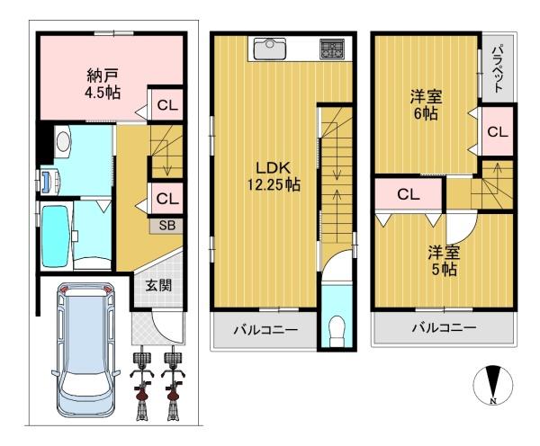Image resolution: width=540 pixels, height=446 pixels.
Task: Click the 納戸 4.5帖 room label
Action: [x=103, y=84]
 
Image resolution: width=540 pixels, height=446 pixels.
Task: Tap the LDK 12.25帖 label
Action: [x=274, y=176]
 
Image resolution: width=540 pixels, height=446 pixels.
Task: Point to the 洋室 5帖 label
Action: [x=444, y=261]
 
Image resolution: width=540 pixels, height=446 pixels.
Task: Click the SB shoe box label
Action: [x=167, y=226]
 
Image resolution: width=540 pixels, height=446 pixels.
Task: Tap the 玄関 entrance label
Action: [x=158, y=285]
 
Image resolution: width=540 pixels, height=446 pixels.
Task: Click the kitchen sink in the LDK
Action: [x=270, y=49]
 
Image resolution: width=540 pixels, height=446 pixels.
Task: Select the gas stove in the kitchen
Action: [x=331, y=49]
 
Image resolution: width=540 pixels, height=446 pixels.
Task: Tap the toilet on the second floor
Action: [x=337, y=332]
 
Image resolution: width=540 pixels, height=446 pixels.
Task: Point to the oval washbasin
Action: [x=63, y=142]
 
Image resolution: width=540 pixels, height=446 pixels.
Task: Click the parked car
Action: [x=86, y=350]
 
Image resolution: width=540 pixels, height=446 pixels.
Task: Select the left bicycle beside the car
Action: [x=142, y=383]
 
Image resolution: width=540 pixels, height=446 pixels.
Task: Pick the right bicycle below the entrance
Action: [x=173, y=383]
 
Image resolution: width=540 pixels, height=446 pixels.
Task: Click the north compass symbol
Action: [x=493, y=384]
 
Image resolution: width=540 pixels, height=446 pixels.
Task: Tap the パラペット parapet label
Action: [x=498, y=68]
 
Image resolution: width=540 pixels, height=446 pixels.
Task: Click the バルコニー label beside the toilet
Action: [x=265, y=330]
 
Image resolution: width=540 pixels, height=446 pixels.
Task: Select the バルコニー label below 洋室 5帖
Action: [x=445, y=327]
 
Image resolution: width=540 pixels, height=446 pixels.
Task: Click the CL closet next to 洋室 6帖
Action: [x=498, y=131]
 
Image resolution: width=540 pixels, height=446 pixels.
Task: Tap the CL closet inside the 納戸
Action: [x=167, y=105]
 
